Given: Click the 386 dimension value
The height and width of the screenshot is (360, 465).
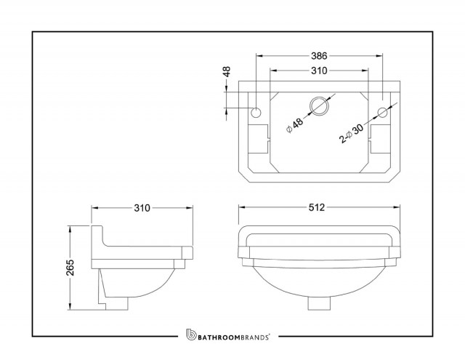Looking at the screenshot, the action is (319, 55).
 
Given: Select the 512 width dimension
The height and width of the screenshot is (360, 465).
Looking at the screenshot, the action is (317, 207).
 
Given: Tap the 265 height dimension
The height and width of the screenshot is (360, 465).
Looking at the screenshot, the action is (70, 268).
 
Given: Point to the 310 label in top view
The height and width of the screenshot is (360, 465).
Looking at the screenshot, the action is (319, 71).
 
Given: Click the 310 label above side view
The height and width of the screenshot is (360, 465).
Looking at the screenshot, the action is (142, 208).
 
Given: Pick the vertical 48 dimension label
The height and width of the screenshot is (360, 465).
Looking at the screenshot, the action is (226, 72).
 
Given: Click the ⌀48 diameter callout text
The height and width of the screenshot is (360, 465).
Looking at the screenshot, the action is (295, 126).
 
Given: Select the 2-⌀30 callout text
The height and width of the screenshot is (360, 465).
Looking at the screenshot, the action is (352, 134).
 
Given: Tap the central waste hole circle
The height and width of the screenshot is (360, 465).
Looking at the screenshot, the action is (319, 106).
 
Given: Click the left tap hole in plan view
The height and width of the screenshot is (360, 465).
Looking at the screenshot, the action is (256, 112).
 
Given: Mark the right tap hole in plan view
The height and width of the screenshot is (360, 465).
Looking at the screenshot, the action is (382, 112).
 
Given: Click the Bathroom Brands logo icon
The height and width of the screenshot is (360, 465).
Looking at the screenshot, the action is (191, 334).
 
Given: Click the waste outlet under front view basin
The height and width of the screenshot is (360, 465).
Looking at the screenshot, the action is (319, 303).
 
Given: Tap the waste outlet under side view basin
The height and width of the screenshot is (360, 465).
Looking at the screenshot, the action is (116, 303).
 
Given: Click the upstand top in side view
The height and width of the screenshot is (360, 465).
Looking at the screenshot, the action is (97, 226).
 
